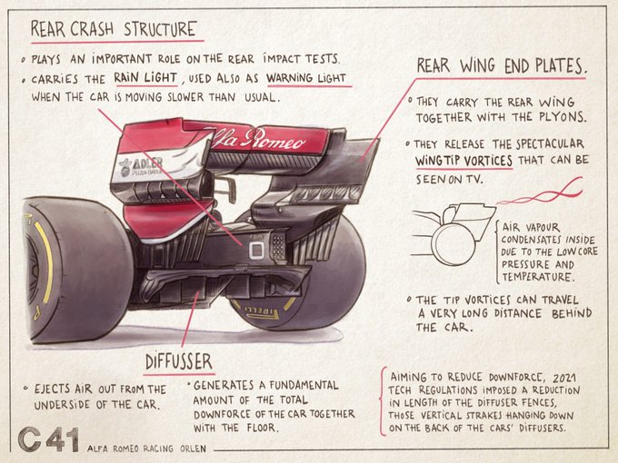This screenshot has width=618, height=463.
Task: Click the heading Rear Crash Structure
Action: tap(113, 28)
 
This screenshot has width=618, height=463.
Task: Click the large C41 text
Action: tap(48, 439)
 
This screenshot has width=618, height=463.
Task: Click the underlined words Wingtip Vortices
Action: tap(463, 161)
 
